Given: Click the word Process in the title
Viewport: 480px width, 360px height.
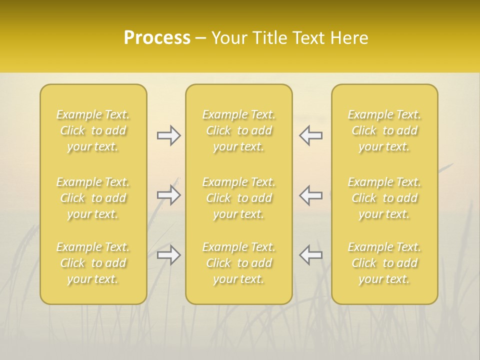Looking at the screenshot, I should point(157,38).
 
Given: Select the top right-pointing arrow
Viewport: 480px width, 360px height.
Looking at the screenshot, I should point(168,135).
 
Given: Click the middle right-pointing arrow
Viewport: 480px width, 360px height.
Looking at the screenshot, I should point(168,195).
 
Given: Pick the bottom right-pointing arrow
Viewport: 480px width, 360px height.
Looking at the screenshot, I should point(168,255).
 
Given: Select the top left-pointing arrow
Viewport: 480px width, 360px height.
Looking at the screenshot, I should point(310,135).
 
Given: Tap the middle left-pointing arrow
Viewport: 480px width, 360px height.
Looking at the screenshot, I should point(310,195).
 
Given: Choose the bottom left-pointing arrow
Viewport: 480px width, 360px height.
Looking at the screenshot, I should point(310,255).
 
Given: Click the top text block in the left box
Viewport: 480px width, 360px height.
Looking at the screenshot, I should point(93,130).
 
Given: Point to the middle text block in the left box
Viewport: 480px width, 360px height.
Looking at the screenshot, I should point(93,198).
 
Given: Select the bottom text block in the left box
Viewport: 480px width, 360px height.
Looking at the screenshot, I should point(93,263).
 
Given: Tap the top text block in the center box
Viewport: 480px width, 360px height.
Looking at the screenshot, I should point(238,130).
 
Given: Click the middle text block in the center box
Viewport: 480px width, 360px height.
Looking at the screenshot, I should point(238,198).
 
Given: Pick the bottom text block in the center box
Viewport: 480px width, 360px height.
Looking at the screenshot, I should point(238,263).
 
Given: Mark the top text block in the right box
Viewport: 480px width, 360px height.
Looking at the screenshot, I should point(384,130).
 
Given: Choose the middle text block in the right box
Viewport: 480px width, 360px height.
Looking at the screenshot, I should point(384,198).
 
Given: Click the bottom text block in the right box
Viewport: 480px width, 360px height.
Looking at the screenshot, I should point(384,263).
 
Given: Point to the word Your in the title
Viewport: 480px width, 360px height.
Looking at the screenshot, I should point(227,38).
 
